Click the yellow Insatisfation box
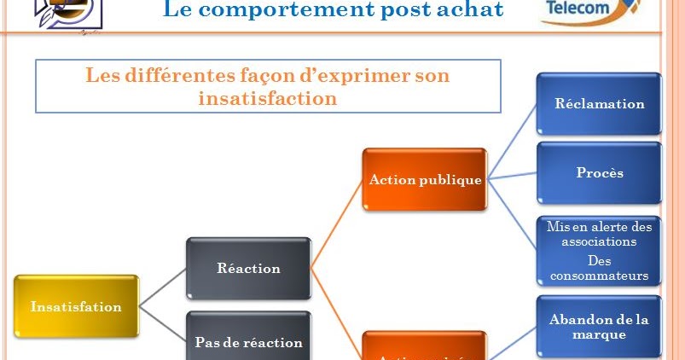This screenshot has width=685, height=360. click(x=76, y=306)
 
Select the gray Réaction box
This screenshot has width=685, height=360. click(x=248, y=268)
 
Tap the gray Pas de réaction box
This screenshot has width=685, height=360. click(x=248, y=340)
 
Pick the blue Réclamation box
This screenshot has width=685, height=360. click(x=599, y=104)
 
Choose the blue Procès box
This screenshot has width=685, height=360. click(x=599, y=172)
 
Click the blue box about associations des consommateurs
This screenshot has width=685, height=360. click(x=599, y=251)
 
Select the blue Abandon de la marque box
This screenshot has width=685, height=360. click(x=599, y=327)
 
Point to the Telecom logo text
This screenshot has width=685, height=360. click(x=578, y=9)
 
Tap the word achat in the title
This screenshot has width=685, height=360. click(x=473, y=10)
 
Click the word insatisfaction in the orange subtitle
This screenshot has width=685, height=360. click(x=267, y=98)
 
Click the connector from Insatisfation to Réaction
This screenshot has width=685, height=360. click(x=162, y=287)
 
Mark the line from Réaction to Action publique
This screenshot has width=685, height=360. click(x=337, y=224)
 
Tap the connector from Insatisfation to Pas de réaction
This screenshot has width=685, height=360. click(x=162, y=323)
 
